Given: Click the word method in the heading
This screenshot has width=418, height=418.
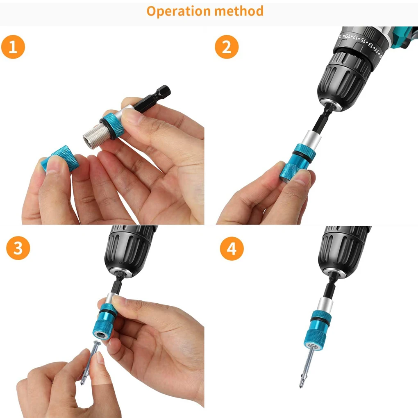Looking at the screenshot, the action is (x=239, y=11).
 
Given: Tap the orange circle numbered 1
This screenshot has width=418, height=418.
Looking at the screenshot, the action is (x=13, y=47).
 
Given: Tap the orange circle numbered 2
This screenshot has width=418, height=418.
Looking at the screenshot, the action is (x=227, y=47).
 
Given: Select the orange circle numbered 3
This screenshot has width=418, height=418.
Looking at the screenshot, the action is (x=18, y=248).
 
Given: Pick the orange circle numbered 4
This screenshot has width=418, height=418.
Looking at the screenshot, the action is (x=232, y=248).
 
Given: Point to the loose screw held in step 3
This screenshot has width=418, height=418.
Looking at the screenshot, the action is (x=90, y=363).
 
